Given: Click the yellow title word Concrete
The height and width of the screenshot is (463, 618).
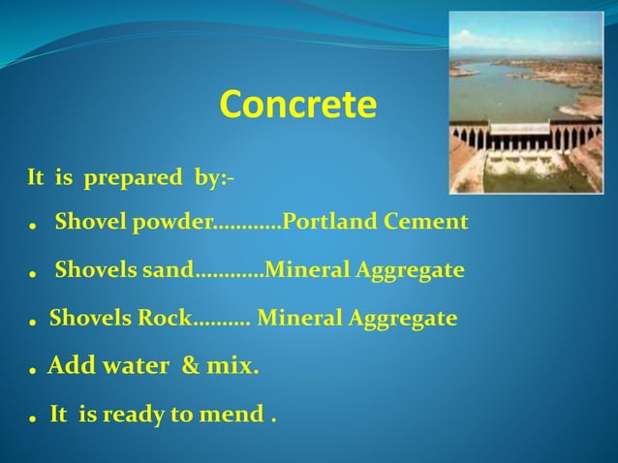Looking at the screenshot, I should pos(297,106).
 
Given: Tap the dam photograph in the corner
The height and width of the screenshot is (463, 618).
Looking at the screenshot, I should pos(526,102).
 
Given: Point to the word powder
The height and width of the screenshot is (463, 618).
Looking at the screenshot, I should pos(172,223).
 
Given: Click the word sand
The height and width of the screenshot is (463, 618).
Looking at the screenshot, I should pos(169,269).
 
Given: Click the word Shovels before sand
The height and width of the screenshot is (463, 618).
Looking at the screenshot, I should pos(96,269).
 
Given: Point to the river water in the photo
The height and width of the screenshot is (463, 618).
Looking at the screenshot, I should pos(513,92).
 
